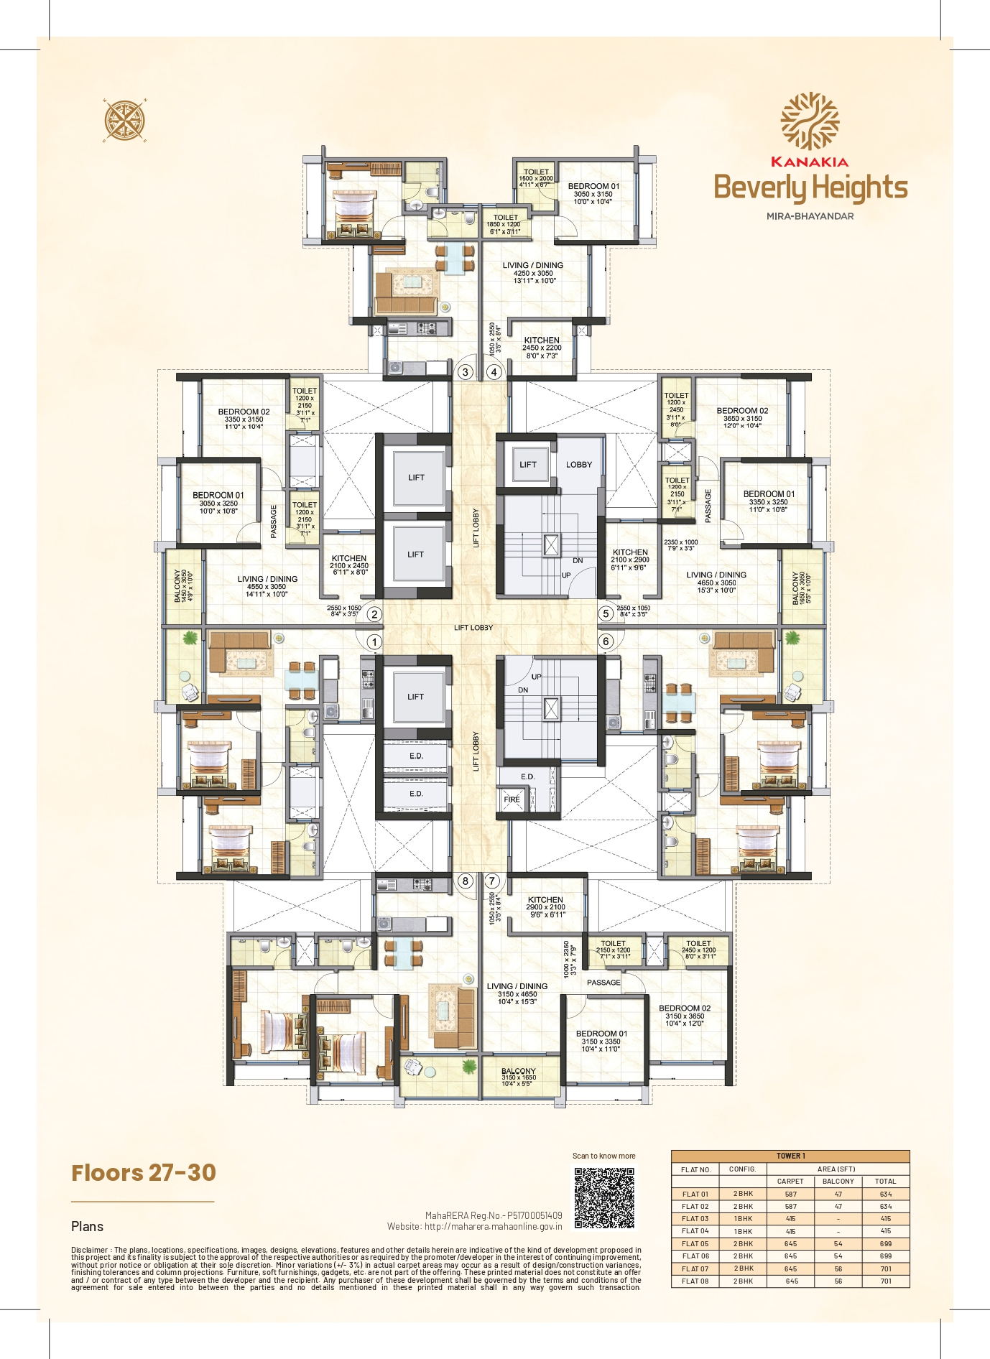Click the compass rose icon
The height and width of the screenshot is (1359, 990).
coord(124,120)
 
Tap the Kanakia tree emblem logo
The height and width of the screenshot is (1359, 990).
coord(810,121)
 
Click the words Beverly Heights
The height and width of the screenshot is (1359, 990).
coord(810,187)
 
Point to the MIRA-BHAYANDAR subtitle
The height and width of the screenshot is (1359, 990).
coord(810,216)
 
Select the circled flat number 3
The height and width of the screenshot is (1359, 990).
coord(466,372)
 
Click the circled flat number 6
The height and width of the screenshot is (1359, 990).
coord(606,641)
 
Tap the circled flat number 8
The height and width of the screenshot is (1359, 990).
coord(466,881)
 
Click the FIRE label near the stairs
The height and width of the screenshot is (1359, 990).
coord(512,799)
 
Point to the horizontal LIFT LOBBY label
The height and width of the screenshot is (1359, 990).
coord(473,628)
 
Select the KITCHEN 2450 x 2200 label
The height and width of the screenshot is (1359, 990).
coord(542,348)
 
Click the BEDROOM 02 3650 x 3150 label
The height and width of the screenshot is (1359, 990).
coord(742,418)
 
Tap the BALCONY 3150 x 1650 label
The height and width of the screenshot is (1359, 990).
coord(519,1077)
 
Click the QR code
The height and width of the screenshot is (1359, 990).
coord(604,1197)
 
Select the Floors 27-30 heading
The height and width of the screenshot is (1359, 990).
coord(144,1173)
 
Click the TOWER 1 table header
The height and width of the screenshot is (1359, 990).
coord(790,1156)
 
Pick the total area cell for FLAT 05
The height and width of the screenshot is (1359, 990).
coord(885,1243)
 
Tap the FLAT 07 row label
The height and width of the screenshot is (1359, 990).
coord(695,1268)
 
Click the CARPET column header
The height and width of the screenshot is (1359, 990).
coord(790,1181)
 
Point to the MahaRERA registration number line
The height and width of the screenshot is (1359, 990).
coord(494,1215)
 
